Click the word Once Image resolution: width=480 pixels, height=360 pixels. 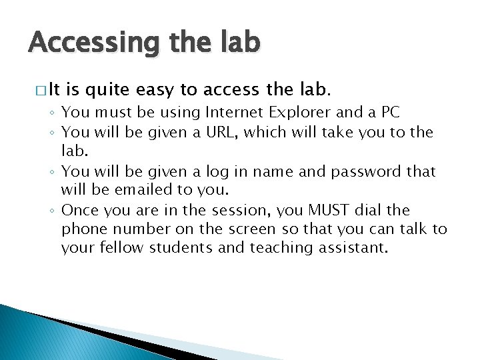point(79,210)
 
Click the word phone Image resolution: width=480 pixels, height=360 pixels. point(83,229)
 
